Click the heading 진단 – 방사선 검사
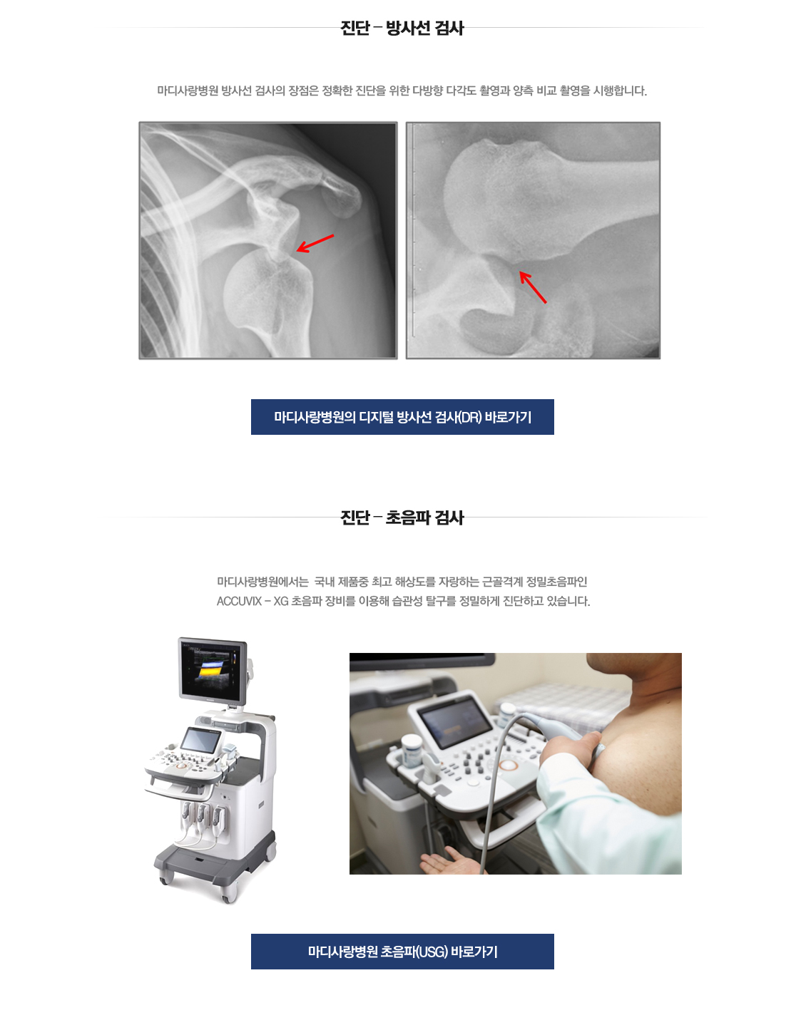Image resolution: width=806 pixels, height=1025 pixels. coord(402,28)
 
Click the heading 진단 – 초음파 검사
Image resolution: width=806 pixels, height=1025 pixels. coord(402,517)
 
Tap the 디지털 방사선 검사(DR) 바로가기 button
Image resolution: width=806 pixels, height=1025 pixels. coord(402,417)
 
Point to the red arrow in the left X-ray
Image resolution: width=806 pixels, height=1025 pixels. coord(315,243)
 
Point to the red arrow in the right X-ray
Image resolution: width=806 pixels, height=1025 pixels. coord(533,287)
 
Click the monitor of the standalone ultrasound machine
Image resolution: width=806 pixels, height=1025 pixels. coord(211,669)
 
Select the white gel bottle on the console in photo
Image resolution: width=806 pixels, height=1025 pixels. coord(412,751)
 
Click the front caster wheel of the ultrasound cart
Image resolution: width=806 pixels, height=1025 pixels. coord(229,892)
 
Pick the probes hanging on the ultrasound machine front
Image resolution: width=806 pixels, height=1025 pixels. coord(203,817)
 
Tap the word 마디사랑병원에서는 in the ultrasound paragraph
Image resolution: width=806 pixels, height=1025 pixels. coord(262,582)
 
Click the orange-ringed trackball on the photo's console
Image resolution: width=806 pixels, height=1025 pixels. coord(509,765)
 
